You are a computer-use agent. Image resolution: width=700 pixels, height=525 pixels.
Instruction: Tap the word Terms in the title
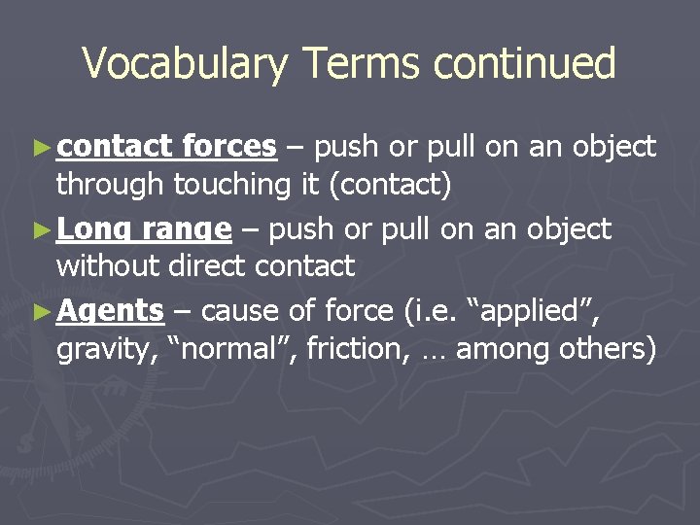pos(363,64)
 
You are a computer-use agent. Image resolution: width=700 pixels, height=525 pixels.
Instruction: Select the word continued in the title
pos(525,64)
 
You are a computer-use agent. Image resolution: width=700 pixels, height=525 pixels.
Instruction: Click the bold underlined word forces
pos(228,147)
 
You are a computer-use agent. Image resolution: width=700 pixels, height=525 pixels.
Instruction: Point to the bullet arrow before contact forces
pos(40,148)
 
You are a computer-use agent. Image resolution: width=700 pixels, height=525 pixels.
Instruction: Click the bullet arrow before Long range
pos(40,230)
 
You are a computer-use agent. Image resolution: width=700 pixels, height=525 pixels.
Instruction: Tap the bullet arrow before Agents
pos(40,312)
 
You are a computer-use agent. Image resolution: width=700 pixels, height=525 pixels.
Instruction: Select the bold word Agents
pos(110,312)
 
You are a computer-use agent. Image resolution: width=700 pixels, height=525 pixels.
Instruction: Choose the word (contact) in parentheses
pos(390,184)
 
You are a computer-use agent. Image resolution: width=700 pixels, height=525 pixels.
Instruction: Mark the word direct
pos(208,265)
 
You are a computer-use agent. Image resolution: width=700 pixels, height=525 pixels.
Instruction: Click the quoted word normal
pos(232,348)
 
